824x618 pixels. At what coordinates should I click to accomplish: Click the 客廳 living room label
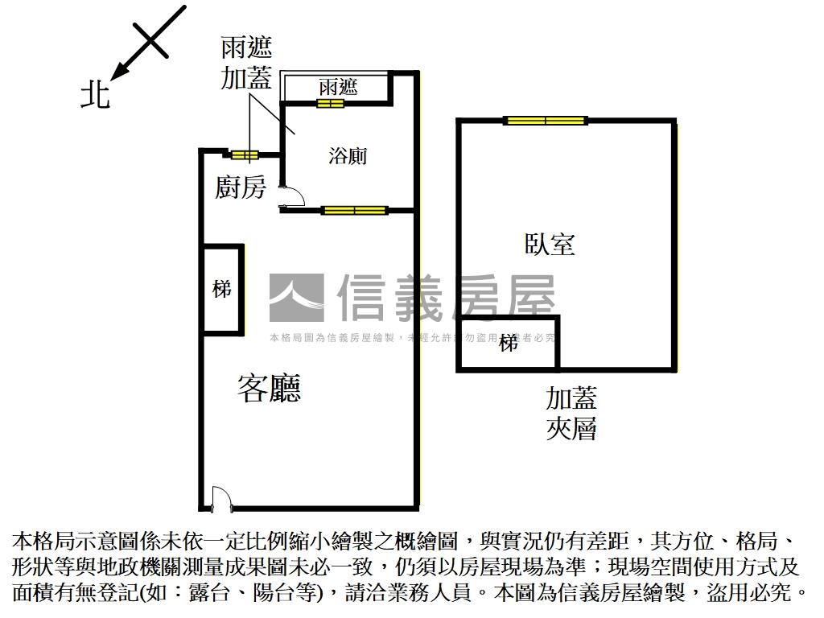point(269,389)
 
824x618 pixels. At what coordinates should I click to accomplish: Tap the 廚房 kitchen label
point(240,187)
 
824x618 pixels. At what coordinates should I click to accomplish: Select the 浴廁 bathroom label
point(348,155)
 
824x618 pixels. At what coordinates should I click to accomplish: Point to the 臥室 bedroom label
point(550,244)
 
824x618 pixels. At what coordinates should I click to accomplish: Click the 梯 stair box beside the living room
point(221,289)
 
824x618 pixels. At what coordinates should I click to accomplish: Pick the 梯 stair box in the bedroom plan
point(508,344)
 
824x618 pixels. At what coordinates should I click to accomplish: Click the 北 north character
point(95,96)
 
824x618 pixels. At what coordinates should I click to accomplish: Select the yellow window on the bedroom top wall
point(546,121)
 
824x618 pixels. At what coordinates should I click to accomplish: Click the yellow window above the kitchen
point(244,154)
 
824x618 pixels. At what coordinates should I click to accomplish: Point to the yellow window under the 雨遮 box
point(336,102)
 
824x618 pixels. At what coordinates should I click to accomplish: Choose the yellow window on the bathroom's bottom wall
point(354,211)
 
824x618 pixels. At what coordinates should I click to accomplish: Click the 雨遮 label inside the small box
point(338,86)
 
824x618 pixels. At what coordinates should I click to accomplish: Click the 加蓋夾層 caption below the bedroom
point(571,412)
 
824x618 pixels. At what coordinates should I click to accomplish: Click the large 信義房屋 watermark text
point(446,298)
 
